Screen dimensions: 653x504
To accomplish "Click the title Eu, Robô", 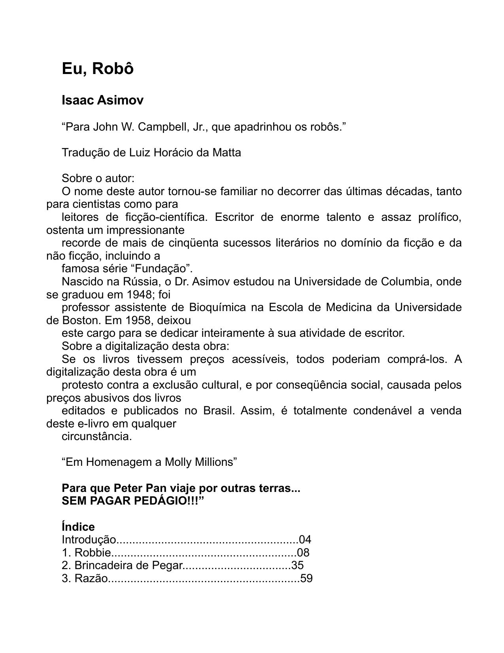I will pyautogui.click(x=98, y=69).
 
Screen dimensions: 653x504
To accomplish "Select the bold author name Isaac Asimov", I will pyautogui.click(x=102, y=101).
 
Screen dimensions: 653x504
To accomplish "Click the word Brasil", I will pyautogui.click(x=219, y=411).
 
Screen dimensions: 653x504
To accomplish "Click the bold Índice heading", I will pyautogui.click(x=78, y=527).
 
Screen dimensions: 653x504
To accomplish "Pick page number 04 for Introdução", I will pyautogui.click(x=305, y=540).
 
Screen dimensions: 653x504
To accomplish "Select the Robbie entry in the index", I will pyautogui.click(x=92, y=553).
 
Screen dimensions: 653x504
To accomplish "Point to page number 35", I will pyautogui.click(x=297, y=566).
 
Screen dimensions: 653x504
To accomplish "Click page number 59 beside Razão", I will pyautogui.click(x=306, y=579).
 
